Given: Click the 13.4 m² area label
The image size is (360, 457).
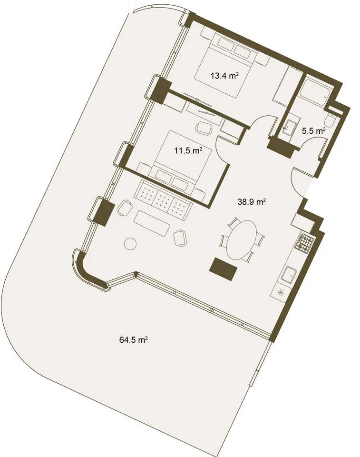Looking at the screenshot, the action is (225, 76).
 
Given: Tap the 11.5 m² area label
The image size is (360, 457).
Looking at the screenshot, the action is (189, 151).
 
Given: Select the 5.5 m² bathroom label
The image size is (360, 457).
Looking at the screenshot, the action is (314, 131).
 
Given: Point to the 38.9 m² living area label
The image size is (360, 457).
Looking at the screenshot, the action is (252, 202).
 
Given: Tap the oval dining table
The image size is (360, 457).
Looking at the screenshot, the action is (243, 239).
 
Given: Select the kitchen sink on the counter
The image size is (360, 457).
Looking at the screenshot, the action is (289, 275).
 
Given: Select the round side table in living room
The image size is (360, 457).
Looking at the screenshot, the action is (130, 243).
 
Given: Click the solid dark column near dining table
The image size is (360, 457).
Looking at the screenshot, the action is (224, 269).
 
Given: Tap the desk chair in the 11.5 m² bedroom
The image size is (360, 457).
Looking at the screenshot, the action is (204, 128).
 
